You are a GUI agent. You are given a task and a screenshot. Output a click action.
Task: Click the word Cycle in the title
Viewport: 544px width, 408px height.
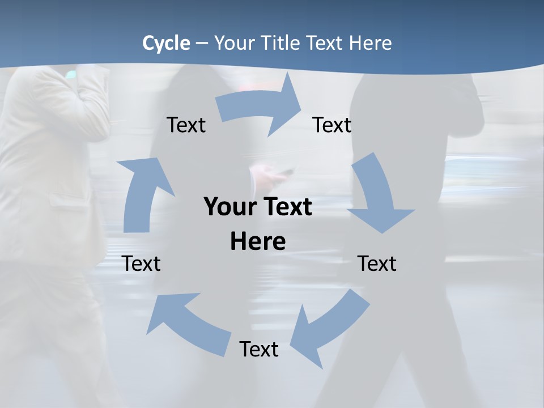(166, 43)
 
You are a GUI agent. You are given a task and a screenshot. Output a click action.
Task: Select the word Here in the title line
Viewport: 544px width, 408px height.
(370, 43)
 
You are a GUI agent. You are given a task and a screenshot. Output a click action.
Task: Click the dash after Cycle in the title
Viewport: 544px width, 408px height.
(202, 43)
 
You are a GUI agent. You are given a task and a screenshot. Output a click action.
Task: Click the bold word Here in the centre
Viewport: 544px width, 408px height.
(258, 241)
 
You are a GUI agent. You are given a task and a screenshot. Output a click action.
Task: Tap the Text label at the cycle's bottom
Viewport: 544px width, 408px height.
(259, 349)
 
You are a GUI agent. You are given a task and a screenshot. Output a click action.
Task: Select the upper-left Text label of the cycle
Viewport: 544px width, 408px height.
(186, 125)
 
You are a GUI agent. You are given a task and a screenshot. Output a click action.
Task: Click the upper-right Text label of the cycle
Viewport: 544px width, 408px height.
(332, 125)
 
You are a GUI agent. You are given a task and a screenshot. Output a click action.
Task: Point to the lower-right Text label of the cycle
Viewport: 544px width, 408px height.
(377, 263)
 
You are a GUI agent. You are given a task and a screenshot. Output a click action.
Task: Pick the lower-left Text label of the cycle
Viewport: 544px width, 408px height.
(141, 263)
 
